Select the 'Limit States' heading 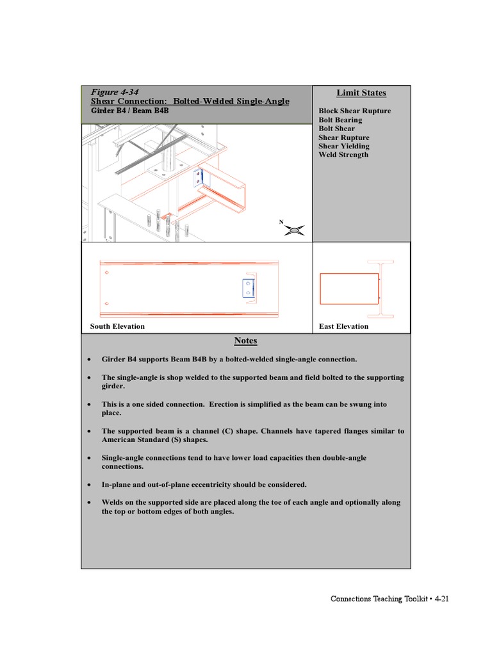point(361,93)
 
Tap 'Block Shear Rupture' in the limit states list point(354,111)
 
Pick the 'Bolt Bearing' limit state point(340,120)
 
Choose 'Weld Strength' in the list point(343,155)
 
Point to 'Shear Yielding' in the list point(344,146)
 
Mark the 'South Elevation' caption point(117,326)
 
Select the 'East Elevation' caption point(343,326)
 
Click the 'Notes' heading point(245,341)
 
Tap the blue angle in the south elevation point(248,288)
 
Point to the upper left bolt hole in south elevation point(107,273)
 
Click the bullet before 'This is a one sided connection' point(88,405)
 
